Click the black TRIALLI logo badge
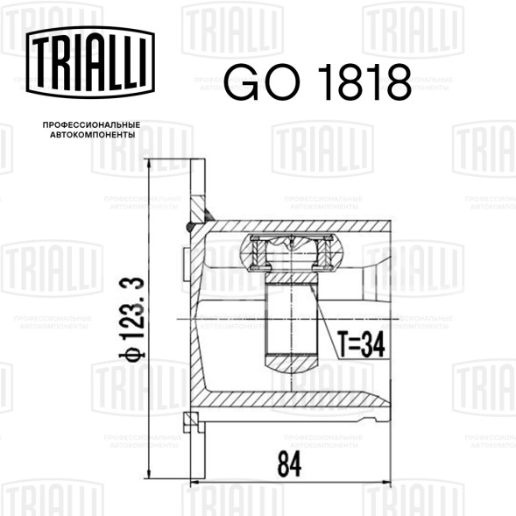click(90, 62)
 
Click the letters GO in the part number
click(262, 82)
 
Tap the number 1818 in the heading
click(364, 82)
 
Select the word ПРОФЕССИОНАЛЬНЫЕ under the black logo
click(91, 125)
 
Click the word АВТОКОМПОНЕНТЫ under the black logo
click(93, 135)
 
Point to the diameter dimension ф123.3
click(131, 319)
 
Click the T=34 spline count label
click(361, 344)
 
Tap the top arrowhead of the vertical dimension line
click(149, 164)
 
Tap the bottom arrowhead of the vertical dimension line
click(149, 474)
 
